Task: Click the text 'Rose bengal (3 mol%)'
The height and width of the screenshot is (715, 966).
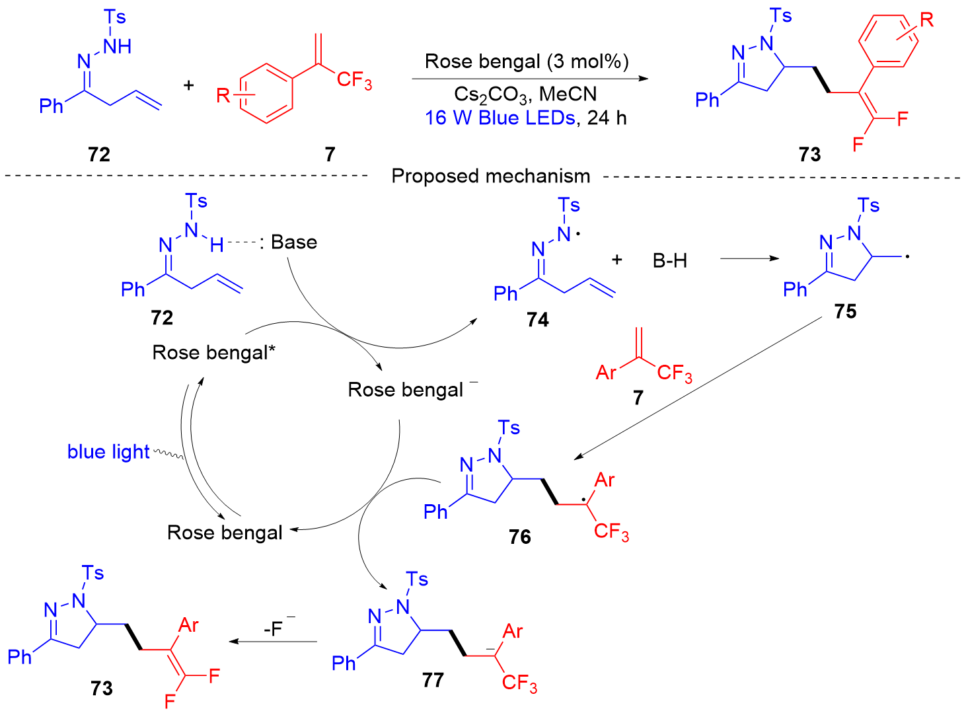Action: click(526, 61)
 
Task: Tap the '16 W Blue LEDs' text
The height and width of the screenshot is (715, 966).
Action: click(500, 118)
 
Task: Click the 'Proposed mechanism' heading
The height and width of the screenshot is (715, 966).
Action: click(490, 176)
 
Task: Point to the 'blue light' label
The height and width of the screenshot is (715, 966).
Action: click(108, 452)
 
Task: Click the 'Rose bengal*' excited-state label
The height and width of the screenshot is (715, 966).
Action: click(213, 352)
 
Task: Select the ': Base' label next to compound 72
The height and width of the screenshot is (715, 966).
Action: click(289, 243)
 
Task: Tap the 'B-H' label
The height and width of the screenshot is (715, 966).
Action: click(669, 261)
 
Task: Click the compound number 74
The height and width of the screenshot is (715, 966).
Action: click(538, 320)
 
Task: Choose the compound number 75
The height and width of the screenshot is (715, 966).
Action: click(845, 311)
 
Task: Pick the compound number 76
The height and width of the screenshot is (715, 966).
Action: click(520, 537)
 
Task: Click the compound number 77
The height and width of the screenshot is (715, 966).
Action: click(433, 679)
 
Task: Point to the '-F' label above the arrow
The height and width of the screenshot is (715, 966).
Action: click(275, 627)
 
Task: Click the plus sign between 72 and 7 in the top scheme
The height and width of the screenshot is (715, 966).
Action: click(189, 85)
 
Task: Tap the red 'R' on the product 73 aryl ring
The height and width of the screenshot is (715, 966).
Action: click(926, 20)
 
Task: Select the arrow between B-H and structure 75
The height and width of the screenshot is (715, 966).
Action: click(749, 258)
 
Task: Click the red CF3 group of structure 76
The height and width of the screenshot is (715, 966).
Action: click(611, 531)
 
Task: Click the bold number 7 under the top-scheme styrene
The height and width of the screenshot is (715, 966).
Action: click(330, 154)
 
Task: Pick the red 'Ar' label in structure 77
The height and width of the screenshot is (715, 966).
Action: click(513, 632)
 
